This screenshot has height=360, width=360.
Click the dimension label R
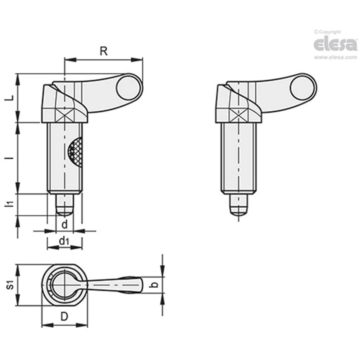click(103, 52)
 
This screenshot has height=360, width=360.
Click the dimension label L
click(10, 98)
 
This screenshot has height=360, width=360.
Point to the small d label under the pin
click(65, 225)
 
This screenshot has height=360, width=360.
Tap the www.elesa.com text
click(335, 58)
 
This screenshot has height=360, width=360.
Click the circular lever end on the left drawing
click(127, 89)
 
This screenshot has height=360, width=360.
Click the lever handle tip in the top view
click(139, 285)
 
